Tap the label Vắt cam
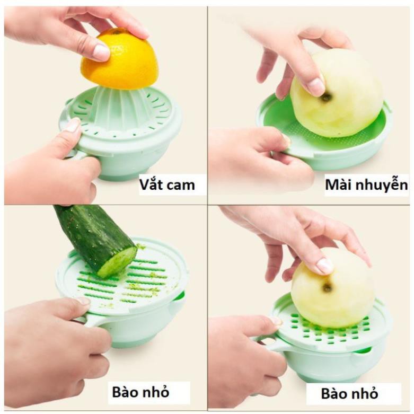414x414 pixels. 167,184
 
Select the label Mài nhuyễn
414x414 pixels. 366,186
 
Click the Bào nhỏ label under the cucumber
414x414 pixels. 140,392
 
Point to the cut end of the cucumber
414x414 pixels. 119,261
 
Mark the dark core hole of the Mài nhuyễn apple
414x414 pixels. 327,98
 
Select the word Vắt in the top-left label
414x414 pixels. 149,184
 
